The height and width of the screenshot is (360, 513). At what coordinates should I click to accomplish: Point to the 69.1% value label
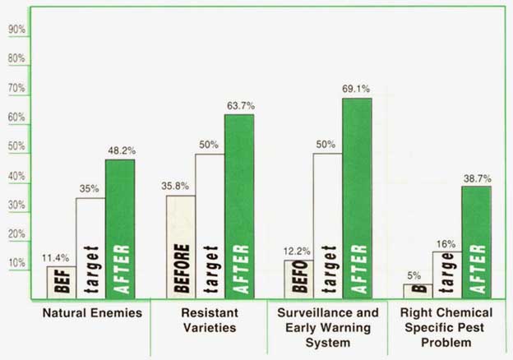point(357,89)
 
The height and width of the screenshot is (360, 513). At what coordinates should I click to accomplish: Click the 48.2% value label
point(120,150)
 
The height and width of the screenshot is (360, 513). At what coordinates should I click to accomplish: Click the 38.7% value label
point(477,178)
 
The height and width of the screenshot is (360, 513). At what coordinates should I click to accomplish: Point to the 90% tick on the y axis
point(16,30)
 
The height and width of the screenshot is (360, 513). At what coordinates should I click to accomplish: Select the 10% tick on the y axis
point(16,263)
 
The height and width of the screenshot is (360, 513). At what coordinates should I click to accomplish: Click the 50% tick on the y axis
point(16,146)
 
